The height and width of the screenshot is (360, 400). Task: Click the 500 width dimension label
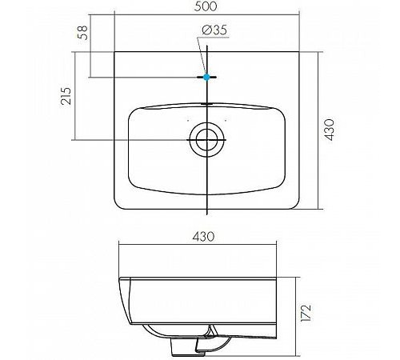pyautogui.click(x=206, y=6)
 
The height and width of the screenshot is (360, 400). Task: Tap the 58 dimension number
pyautogui.click(x=82, y=33)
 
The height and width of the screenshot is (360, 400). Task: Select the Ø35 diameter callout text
pyautogui.click(x=214, y=30)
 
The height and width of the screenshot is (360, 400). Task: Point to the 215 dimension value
pyautogui.click(x=66, y=96)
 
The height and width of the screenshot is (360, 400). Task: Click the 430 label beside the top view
pyautogui.click(x=330, y=130)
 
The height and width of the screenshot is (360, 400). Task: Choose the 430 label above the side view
pyautogui.click(x=203, y=236)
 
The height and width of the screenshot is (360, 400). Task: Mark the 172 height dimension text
pyautogui.click(x=306, y=313)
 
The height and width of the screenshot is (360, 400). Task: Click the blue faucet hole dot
pyautogui.click(x=206, y=77)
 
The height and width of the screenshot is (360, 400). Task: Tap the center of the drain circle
pyautogui.click(x=206, y=139)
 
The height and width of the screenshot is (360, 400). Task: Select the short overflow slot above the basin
pyautogui.click(x=206, y=103)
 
